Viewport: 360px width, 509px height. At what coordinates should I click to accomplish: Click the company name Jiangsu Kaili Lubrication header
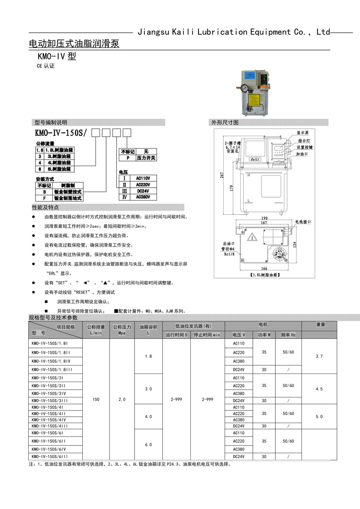[234, 32]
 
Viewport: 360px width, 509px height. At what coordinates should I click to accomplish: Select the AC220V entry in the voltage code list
[143, 184]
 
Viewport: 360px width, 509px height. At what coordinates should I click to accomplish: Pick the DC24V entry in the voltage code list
[143, 190]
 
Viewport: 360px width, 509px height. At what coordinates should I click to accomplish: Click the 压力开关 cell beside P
[146, 158]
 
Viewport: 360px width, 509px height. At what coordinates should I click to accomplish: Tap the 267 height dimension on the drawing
[222, 175]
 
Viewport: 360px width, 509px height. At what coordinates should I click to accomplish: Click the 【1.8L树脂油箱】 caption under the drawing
[265, 274]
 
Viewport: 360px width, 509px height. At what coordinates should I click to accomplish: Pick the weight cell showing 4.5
[319, 389]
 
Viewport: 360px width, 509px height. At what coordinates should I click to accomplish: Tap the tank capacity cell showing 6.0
[148, 445]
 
